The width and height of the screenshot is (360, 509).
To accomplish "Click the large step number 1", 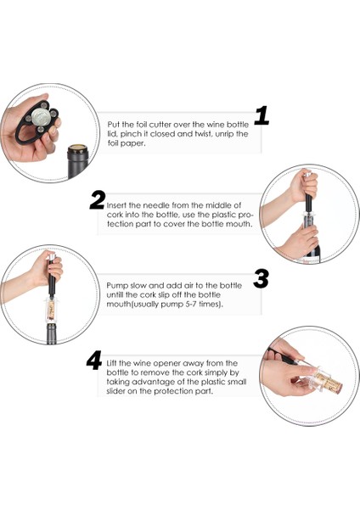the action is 262,116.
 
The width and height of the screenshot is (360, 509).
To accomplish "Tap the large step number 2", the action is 98,200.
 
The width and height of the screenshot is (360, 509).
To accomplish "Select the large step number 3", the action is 262,278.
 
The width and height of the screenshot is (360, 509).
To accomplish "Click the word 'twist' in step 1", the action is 202,134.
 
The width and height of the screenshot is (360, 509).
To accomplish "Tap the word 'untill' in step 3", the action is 115,294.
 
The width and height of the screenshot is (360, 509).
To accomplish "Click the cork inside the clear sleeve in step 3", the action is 51,310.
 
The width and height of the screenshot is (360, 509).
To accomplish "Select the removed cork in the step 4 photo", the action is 328,382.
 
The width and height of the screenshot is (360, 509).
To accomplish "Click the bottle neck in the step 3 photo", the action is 51,333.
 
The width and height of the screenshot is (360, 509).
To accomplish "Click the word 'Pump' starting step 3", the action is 115,286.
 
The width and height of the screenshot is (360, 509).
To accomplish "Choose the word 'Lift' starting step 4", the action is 112,363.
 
